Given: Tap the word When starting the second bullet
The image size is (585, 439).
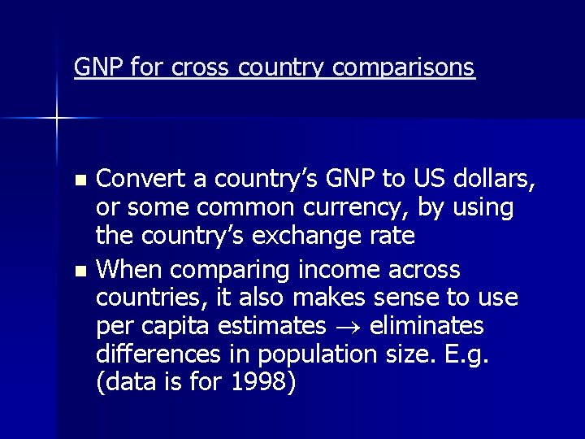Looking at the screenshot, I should point(129,268).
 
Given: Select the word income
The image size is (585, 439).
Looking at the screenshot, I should point(329,268).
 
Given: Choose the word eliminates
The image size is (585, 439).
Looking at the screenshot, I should point(427,327).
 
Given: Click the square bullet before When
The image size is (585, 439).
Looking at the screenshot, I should point(79,269).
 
